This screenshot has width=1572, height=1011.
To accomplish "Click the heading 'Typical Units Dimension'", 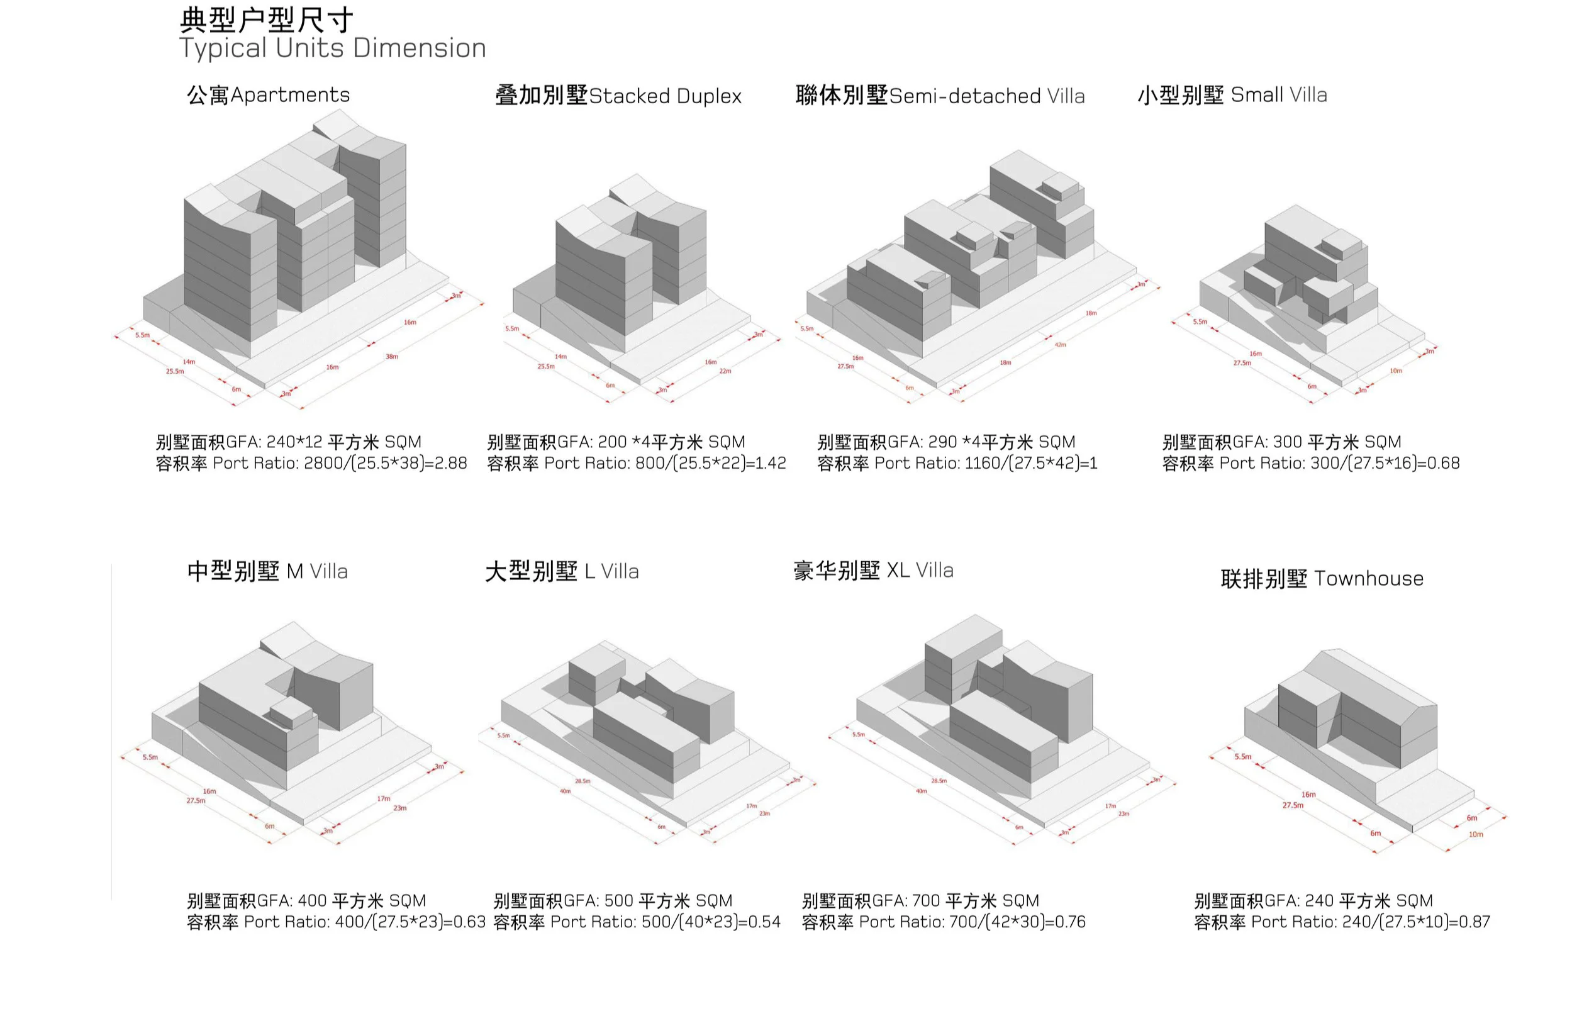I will pyautogui.click(x=332, y=48).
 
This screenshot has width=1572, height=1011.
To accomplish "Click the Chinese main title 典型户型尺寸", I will pyautogui.click(x=266, y=20).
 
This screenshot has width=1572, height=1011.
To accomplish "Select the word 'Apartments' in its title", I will pyautogui.click(x=289, y=95).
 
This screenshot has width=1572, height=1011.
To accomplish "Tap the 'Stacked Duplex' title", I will pyautogui.click(x=665, y=96).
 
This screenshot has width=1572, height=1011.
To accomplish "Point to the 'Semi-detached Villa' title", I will pyautogui.click(x=986, y=96).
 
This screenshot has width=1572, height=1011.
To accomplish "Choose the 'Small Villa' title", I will pyautogui.click(x=1278, y=95).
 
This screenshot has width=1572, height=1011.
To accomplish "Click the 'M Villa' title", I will pyautogui.click(x=317, y=572).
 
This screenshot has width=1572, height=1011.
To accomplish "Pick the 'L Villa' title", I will pyautogui.click(x=611, y=572).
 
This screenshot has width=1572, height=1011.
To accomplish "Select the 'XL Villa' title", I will pyautogui.click(x=920, y=571).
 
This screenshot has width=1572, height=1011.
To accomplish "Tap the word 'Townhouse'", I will pyautogui.click(x=1369, y=579).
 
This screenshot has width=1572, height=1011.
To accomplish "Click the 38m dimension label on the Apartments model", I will pyautogui.click(x=391, y=357).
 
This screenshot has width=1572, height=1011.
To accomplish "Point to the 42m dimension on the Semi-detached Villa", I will pyautogui.click(x=1061, y=345).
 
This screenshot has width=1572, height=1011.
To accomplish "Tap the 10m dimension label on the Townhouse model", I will pyautogui.click(x=1476, y=835).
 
